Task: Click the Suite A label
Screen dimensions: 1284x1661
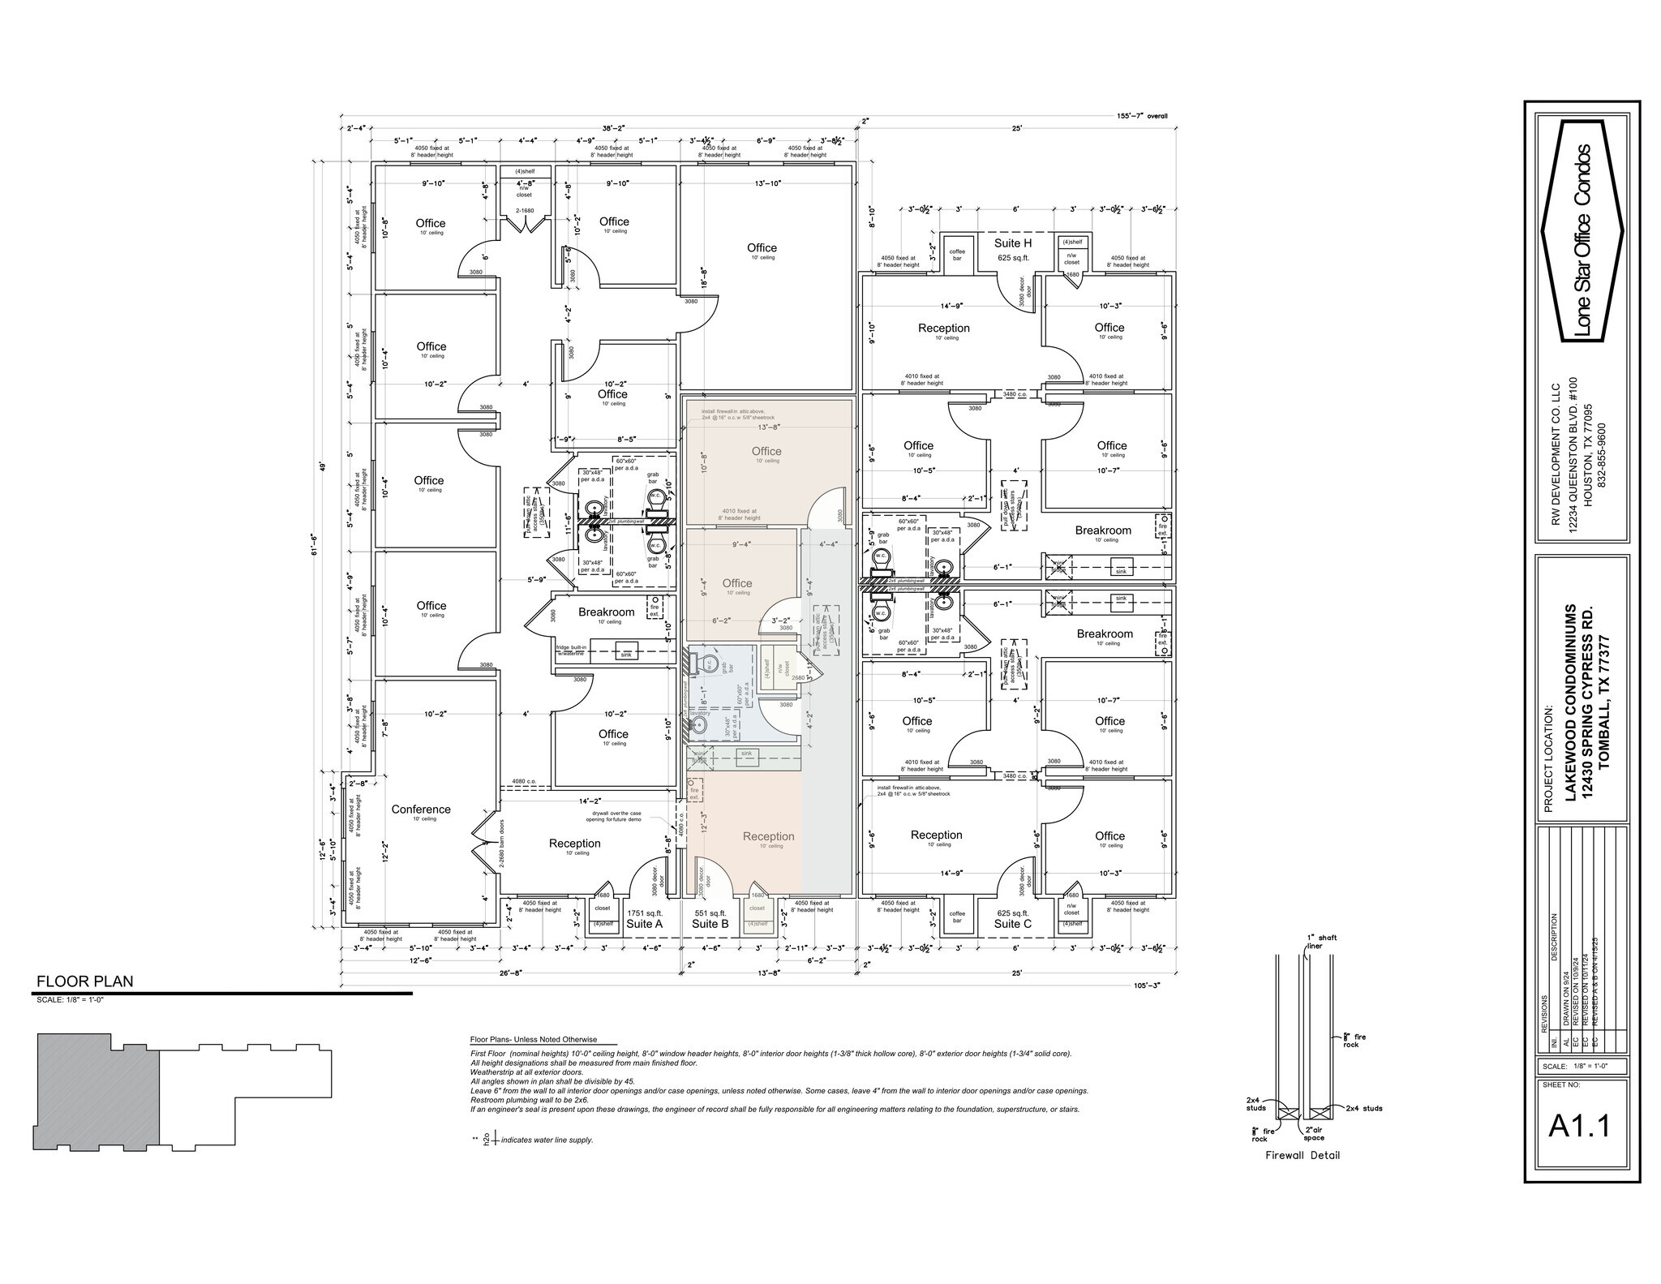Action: [x=645, y=924]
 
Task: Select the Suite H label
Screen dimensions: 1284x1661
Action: [x=1013, y=243]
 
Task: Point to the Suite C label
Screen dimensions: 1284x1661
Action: [x=1012, y=924]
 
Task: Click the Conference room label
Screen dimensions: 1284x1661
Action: [x=421, y=809]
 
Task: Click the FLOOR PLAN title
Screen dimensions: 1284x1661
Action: [x=85, y=981]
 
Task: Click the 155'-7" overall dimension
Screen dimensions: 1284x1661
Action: [x=1142, y=116]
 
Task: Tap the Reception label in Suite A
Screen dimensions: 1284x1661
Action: [x=575, y=843]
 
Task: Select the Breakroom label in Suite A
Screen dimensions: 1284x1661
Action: [x=606, y=612]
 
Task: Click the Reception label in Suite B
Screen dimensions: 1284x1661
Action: [x=768, y=836]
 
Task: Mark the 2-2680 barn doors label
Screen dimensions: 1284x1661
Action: [x=502, y=844]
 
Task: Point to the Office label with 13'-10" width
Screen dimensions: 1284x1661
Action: [x=762, y=247]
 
